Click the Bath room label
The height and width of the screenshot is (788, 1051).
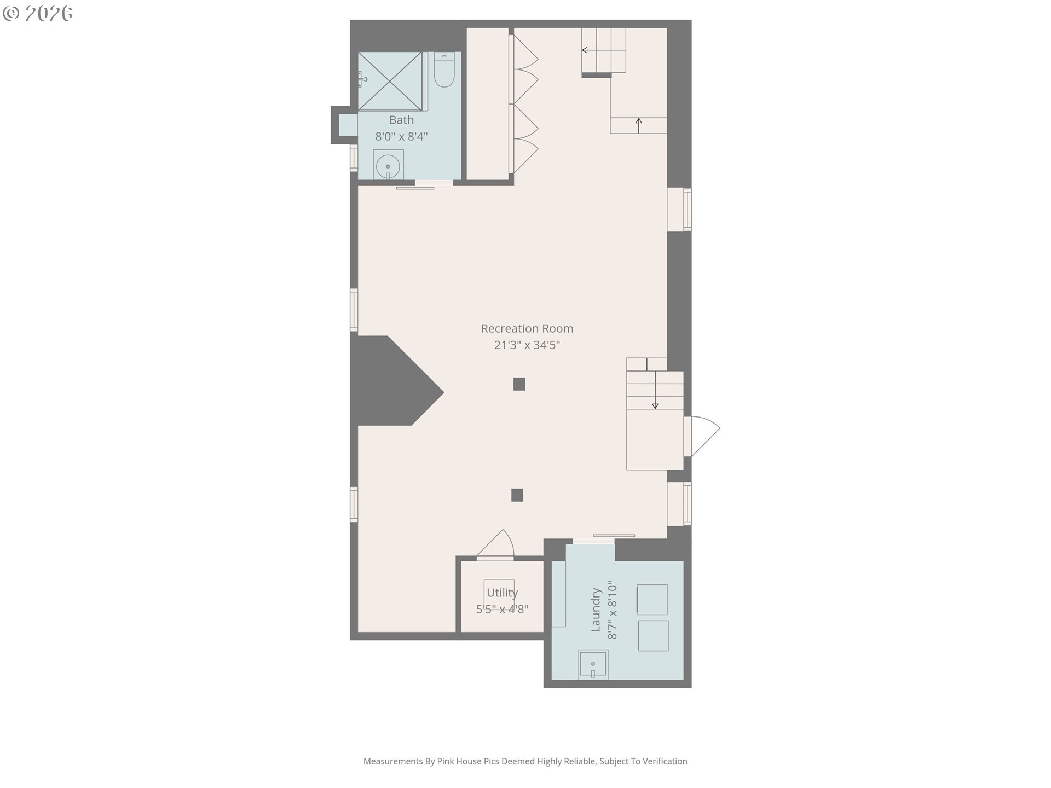tap(401, 120)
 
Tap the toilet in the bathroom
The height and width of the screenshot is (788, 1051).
tap(444, 69)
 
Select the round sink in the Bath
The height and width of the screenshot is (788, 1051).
tap(388, 165)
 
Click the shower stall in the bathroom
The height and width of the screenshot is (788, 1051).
tap(390, 81)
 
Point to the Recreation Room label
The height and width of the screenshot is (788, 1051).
tap(527, 328)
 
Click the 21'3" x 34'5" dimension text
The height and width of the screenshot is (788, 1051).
tap(527, 345)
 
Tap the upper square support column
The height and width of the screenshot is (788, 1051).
tap(519, 384)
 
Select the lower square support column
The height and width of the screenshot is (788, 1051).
tap(517, 495)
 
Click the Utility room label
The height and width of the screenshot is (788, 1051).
tap(502, 593)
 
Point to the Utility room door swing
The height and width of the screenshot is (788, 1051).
tap(495, 545)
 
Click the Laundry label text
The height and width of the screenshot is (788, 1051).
tap(596, 610)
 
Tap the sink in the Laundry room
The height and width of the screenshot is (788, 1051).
tap(593, 664)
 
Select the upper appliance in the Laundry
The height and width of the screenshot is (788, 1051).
tap(652, 600)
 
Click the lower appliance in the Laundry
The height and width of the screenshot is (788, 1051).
tap(653, 636)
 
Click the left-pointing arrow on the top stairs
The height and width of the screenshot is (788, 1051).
tap(603, 50)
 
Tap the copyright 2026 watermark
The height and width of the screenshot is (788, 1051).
tap(38, 14)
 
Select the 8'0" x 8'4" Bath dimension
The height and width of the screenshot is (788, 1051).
tap(401, 136)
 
